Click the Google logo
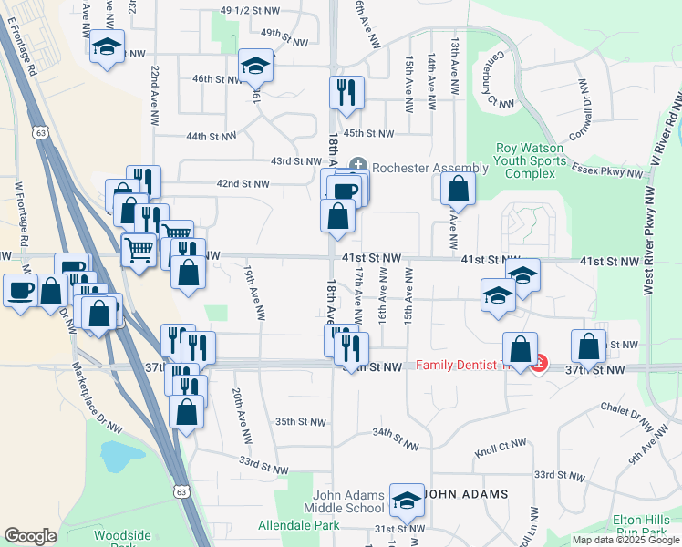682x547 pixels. coord(30,536)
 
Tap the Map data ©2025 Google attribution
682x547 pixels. coord(625,540)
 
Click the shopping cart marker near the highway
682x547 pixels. coord(139,249)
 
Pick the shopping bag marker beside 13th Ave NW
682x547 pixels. coord(458,189)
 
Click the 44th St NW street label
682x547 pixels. coord(211,137)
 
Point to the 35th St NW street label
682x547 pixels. coord(300,421)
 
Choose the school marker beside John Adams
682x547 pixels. coord(406,499)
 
